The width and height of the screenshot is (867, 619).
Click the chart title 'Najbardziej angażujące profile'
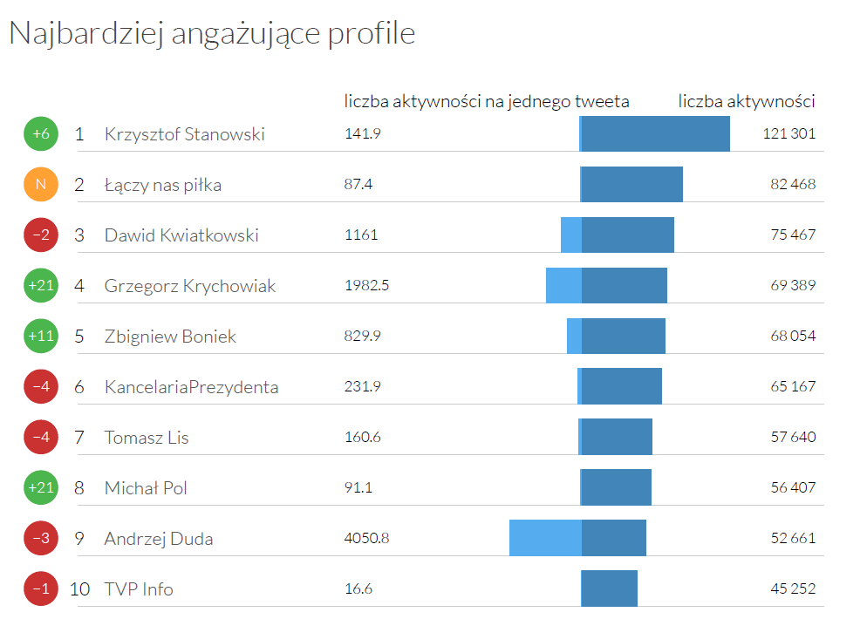[211, 33]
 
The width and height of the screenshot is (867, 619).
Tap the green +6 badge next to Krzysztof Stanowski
[41, 134]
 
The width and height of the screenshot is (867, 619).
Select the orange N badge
[41, 185]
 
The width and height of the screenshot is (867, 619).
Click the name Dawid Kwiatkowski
[181, 235]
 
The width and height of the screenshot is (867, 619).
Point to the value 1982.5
[367, 285]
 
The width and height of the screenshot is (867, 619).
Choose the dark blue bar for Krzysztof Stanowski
[655, 134]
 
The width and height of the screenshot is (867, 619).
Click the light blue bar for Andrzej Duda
[545, 538]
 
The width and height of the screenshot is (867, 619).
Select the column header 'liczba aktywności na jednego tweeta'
[487, 102]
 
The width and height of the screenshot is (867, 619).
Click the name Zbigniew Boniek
[170, 337]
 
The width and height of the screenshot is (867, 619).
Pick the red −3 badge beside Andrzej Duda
[41, 538]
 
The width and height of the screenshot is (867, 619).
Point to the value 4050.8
[367, 538]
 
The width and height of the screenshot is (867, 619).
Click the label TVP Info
[139, 589]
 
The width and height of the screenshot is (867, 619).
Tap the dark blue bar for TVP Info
[610, 588]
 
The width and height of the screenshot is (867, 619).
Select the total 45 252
[793, 589]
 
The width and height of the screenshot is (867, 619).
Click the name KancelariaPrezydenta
[191, 387]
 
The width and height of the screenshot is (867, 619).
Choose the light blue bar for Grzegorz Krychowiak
[563, 286]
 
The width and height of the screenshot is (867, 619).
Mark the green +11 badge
[41, 337]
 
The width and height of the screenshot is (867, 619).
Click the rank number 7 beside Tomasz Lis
[79, 438]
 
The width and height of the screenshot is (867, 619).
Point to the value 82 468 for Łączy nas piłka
[793, 185]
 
